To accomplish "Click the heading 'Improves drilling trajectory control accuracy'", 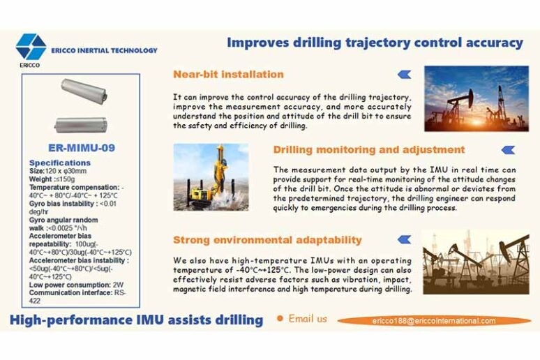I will pyautogui.click(x=374, y=43).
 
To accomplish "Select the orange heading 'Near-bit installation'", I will pyautogui.click(x=229, y=74).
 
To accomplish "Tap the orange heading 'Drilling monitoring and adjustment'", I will pyautogui.click(x=368, y=149).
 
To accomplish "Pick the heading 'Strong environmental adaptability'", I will pyautogui.click(x=267, y=240).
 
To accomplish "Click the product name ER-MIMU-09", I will pyautogui.click(x=82, y=148).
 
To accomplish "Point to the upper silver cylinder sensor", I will pyautogui.click(x=82, y=89).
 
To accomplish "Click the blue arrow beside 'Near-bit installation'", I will pyautogui.click(x=403, y=74).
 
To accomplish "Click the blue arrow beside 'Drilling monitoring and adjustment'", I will pyautogui.click(x=508, y=149).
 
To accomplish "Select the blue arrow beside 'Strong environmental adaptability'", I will pyautogui.click(x=403, y=240).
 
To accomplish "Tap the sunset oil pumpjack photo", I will pyautogui.click(x=475, y=98).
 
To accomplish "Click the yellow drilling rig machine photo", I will pyautogui.click(x=211, y=177).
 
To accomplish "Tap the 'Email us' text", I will pyautogui.click(x=308, y=319).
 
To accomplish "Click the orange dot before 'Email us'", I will pyautogui.click(x=280, y=319).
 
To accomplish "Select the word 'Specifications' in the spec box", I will pyautogui.click(x=61, y=162).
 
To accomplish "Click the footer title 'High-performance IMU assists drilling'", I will pyautogui.click(x=136, y=320).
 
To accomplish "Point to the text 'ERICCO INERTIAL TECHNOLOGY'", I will pyautogui.click(x=104, y=50).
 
